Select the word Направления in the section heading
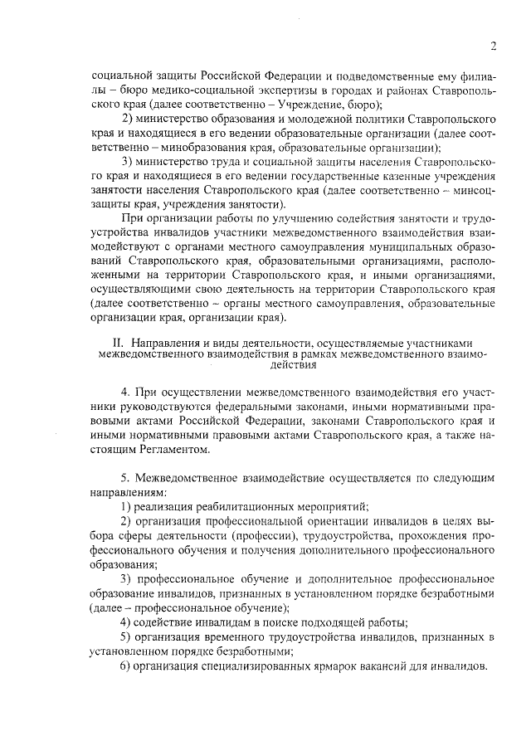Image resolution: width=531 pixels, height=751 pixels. coord(165,342)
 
